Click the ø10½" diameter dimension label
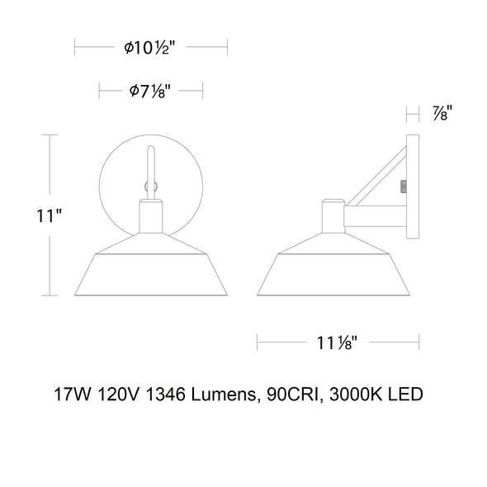point(149,48)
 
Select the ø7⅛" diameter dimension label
point(150,91)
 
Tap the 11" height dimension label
point(49,215)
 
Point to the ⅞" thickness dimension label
point(442,113)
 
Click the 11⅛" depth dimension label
point(337,343)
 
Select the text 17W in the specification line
point(73,395)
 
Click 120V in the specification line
point(117,395)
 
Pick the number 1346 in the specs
point(164,395)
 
